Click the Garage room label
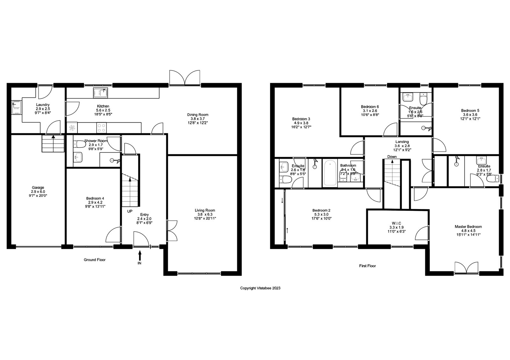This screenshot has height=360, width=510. pos(38,187)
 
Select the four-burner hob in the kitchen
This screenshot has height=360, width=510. pos(101,128)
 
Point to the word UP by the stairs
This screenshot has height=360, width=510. pos(130,211)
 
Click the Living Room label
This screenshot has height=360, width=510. pos(205,210)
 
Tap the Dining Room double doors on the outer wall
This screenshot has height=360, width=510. pos(185,78)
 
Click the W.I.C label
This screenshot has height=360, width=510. pos(396,223)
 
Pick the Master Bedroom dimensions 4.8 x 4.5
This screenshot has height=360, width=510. pos(468,230)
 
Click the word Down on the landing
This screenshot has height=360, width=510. pos(392,157)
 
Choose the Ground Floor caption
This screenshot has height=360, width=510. pos(95,260)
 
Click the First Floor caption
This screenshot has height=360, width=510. pos(368,266)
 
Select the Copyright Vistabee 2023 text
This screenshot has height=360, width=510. pos(260,288)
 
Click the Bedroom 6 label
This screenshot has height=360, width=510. pos(370,107)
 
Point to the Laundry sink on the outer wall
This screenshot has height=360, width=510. pos(16,107)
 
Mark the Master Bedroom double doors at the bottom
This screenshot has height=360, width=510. pos(466,268)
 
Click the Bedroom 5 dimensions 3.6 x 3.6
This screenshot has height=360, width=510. pos(470,114)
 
